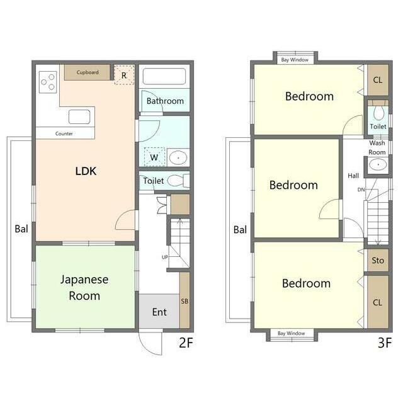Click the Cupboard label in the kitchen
[x=88, y=72]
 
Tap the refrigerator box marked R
[x=124, y=75]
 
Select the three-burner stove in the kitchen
[x=48, y=82]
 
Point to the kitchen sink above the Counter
[x=79, y=116]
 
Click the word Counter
[x=64, y=133]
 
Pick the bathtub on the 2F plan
[x=164, y=76]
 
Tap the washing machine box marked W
[x=154, y=157]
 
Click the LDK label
[x=86, y=171]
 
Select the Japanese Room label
[x=84, y=288]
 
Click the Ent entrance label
[x=159, y=312]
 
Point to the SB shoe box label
[x=184, y=301]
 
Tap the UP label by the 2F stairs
[x=165, y=257]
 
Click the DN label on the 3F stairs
[x=361, y=190]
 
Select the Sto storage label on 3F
[x=378, y=260]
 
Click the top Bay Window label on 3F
[x=295, y=60]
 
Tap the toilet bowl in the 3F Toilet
[x=378, y=113]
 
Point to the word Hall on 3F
[x=353, y=176]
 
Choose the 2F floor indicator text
[x=186, y=343]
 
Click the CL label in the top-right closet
[x=378, y=80]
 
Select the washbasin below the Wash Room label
[x=378, y=164]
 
